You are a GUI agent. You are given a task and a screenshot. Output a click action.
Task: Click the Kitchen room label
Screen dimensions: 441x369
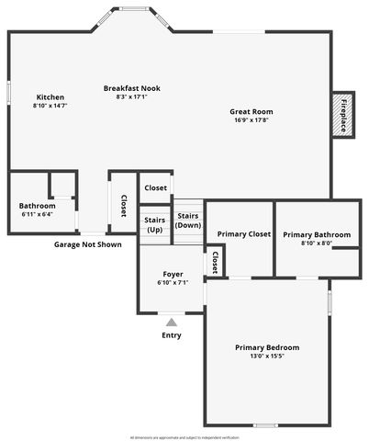[50, 97]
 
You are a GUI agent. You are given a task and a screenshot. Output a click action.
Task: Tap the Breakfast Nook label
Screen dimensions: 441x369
[132, 88]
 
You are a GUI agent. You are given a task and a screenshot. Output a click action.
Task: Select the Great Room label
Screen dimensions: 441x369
[251, 112]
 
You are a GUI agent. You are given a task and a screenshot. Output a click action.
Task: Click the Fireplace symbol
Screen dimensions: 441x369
[343, 116]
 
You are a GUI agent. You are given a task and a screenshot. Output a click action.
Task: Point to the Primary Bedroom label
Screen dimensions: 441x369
[267, 347]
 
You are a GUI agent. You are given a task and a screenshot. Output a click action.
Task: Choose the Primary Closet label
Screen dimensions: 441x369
[244, 234]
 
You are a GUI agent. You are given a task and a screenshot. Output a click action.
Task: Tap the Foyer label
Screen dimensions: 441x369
[173, 274]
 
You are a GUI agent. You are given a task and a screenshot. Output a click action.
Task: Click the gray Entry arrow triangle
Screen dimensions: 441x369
[172, 322]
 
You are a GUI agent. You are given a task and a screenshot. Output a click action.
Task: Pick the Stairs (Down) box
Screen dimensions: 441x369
[188, 220]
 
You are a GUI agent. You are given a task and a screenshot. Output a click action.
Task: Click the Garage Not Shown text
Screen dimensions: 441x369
[88, 245]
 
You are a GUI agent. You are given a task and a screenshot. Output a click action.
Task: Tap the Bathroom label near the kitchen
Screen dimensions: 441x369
[37, 206]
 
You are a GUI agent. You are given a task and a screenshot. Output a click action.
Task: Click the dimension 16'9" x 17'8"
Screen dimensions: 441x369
[251, 119]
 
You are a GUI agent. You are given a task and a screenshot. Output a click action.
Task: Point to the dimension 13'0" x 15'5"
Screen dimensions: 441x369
[267, 356]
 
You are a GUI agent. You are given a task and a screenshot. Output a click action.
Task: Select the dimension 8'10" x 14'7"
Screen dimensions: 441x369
[50, 106]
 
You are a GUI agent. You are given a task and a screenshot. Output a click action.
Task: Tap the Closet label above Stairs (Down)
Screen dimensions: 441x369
[156, 187]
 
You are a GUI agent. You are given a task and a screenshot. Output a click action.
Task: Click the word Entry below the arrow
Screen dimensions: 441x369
[172, 335]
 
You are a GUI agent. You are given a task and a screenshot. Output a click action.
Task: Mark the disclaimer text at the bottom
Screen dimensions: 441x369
[184, 437]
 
